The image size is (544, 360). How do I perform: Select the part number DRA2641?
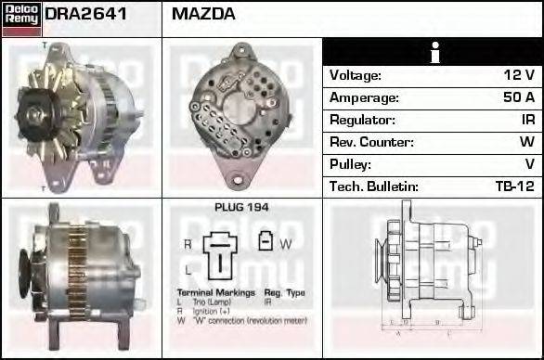(x=85, y=14)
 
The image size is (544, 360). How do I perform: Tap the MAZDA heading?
(x=203, y=14)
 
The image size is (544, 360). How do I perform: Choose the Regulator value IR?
(x=525, y=120)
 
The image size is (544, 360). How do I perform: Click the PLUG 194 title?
(x=241, y=208)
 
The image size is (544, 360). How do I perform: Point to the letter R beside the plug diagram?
(x=188, y=243)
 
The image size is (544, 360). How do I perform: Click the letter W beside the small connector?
(x=286, y=243)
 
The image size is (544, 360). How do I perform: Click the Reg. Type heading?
(x=283, y=292)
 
